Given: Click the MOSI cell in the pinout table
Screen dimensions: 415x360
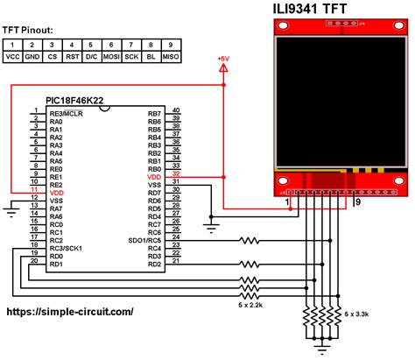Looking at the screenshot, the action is click(x=111, y=57).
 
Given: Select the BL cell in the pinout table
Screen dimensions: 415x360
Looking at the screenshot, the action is click(x=151, y=57).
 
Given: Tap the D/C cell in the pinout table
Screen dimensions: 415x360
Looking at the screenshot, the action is click(x=92, y=57).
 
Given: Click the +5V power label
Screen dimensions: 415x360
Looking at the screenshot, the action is click(x=223, y=59).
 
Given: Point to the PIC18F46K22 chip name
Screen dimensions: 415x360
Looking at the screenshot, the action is click(x=74, y=101).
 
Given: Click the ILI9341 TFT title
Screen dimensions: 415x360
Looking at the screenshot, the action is click(x=310, y=9).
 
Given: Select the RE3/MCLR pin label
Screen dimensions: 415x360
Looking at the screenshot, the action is click(x=67, y=114).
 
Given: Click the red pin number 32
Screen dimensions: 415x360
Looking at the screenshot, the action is click(x=176, y=173).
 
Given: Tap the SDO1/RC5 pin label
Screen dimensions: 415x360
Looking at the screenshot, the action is click(x=144, y=241).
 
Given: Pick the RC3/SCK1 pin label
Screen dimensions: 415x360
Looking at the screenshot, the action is click(x=66, y=249).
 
